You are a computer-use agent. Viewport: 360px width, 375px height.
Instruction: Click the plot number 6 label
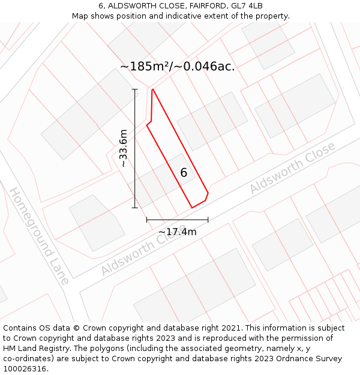184,173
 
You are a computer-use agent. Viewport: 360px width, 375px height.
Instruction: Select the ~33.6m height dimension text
123,148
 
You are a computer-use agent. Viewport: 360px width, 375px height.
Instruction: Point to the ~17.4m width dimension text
178,232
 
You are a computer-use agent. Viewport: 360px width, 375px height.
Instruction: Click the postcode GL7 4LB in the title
247,6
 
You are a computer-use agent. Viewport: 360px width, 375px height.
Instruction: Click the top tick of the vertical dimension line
135,89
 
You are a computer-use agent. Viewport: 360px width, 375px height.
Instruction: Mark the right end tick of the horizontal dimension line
208,220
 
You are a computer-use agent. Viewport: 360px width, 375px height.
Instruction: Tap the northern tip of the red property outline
153,89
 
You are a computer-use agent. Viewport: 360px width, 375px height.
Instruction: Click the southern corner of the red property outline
192,208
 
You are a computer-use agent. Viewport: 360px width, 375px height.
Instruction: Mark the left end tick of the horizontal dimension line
147,220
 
